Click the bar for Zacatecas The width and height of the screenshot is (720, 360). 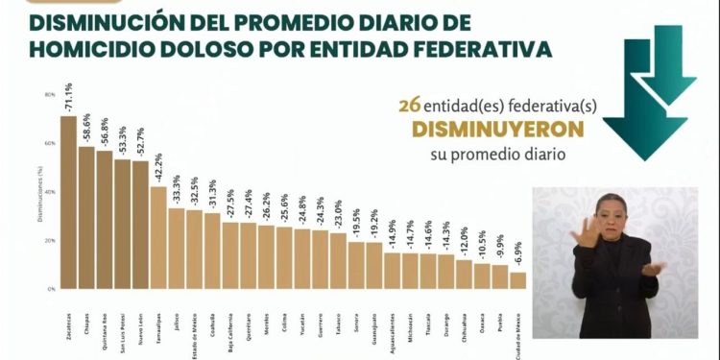pos(68,202)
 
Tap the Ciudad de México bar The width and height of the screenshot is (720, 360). pos(517,279)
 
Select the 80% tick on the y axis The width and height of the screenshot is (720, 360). pos(49,95)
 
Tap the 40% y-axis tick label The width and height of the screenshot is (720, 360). pos(49,192)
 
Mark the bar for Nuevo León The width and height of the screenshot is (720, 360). pos(140,225)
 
